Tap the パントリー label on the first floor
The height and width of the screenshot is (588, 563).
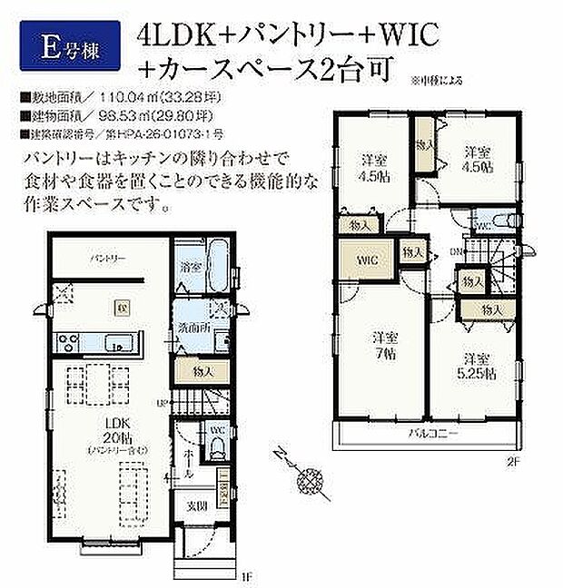[x=106, y=258]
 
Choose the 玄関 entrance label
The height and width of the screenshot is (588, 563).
[x=198, y=505]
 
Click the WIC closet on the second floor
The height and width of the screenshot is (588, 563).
[x=366, y=259]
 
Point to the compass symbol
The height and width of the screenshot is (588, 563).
[x=314, y=475]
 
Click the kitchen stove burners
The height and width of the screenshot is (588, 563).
[x=68, y=343]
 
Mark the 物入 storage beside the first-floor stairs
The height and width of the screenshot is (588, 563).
[x=202, y=370]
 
